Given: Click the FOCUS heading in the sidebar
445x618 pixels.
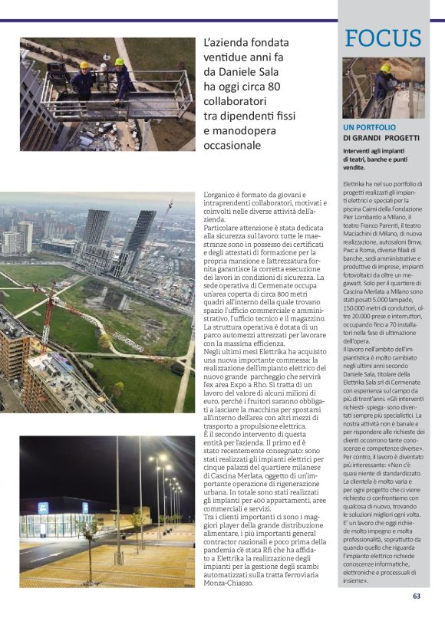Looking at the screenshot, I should (383, 38).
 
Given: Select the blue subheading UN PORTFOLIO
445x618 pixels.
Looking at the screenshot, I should (369, 127).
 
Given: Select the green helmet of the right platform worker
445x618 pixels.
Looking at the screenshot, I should (119, 61).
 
